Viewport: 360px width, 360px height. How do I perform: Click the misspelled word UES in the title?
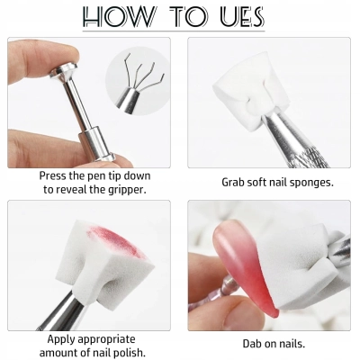click(238, 18)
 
